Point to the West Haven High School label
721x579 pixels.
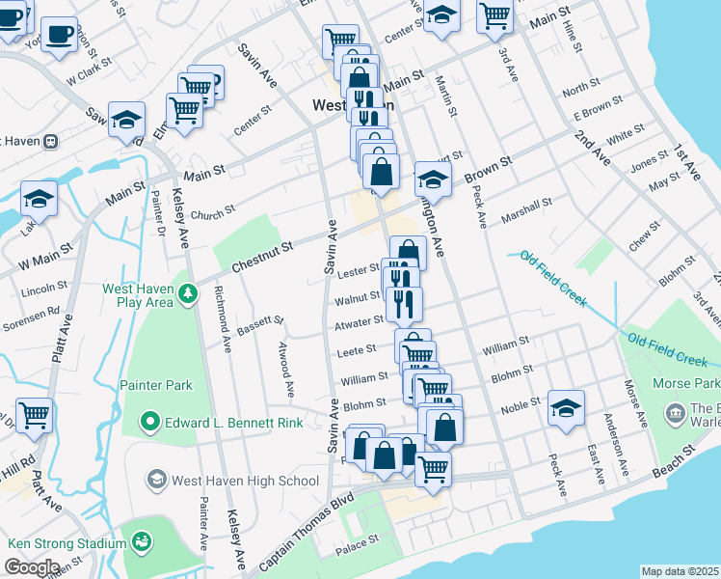pos(244,480)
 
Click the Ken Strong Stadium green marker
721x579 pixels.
pos(143,543)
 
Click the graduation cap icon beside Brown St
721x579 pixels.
pos(433,179)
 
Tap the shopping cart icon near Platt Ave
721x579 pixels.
pos(34,415)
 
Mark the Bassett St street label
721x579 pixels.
pos(260,325)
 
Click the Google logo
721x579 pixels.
pos(32,566)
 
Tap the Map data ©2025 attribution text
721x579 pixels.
pos(680,571)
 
